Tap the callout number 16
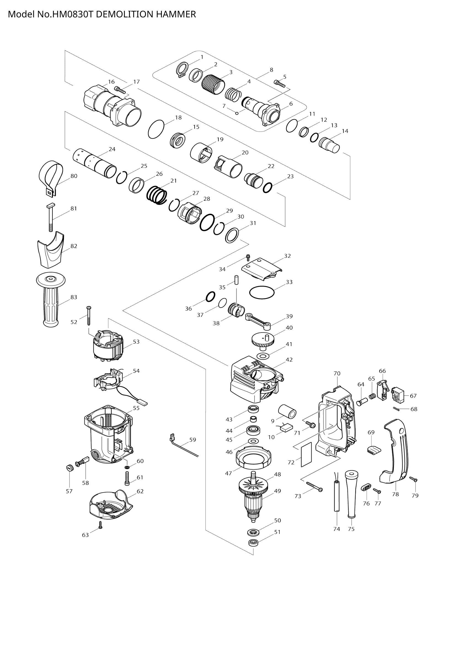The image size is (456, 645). pos(111,82)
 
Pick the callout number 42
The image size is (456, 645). pos(289,360)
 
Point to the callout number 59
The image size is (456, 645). pos(193,440)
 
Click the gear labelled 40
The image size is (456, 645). pos(262,340)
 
